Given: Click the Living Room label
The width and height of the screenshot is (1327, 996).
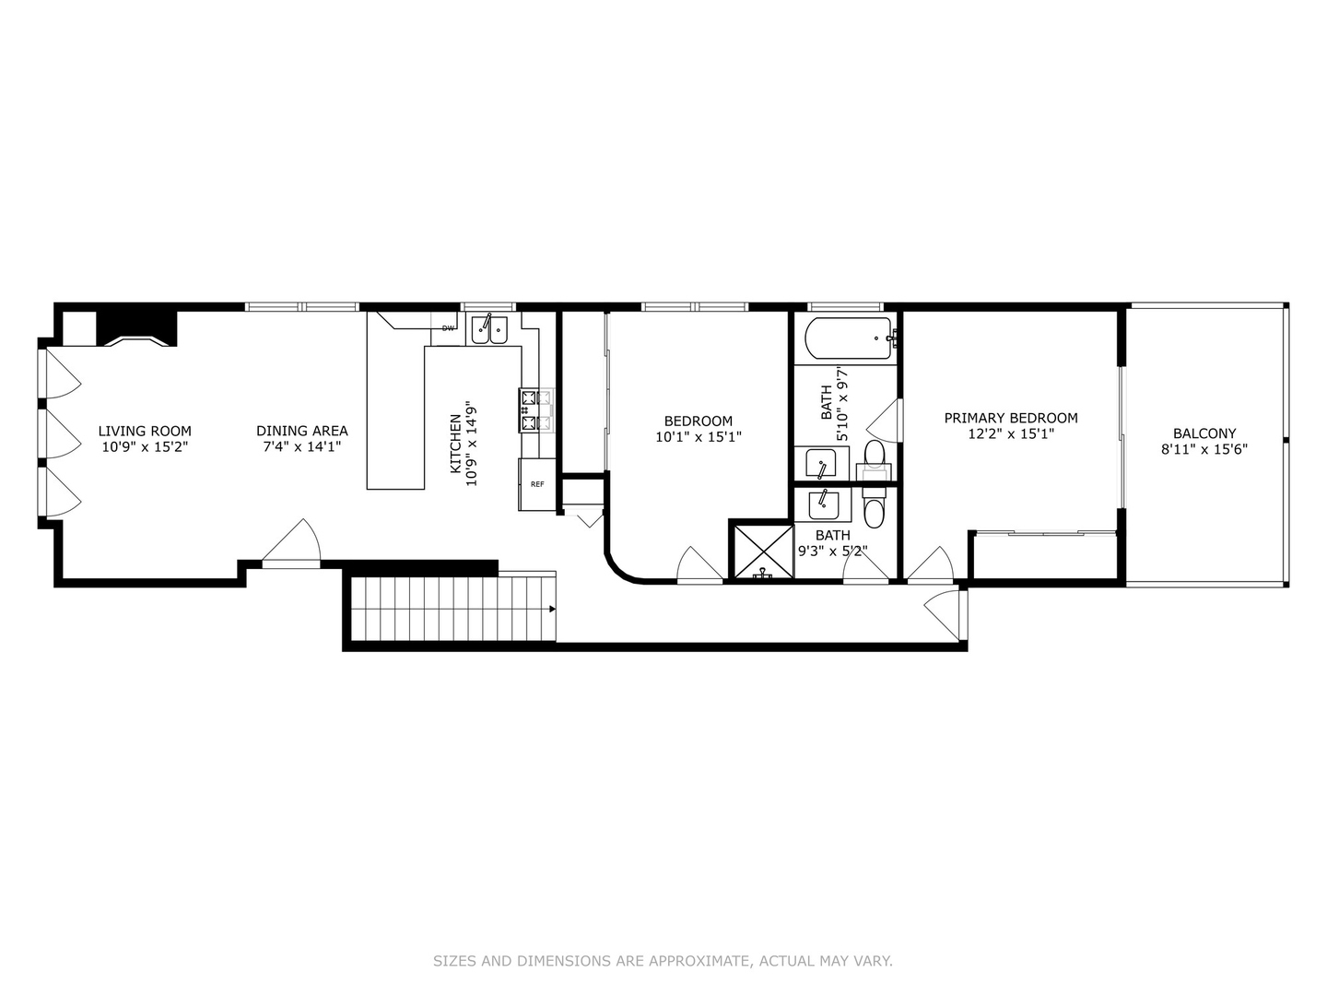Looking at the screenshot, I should point(145,431).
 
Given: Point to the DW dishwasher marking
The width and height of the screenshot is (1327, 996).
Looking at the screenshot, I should point(448,328).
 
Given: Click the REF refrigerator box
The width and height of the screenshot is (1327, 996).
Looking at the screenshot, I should point(536,484).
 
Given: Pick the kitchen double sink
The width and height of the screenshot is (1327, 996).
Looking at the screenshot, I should point(489,329).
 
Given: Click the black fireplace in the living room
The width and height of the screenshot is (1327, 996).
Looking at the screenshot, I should point(136,327).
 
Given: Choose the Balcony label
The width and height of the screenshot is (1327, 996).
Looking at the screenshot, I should point(1204,433).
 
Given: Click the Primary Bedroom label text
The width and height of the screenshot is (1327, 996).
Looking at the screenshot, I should point(1010,418).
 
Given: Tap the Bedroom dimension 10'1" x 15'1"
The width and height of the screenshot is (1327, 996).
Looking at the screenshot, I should point(698,437).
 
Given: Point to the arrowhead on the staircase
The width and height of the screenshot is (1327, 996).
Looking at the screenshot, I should point(551,609).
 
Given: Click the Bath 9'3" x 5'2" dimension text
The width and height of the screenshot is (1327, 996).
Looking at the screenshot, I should point(832,552).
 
